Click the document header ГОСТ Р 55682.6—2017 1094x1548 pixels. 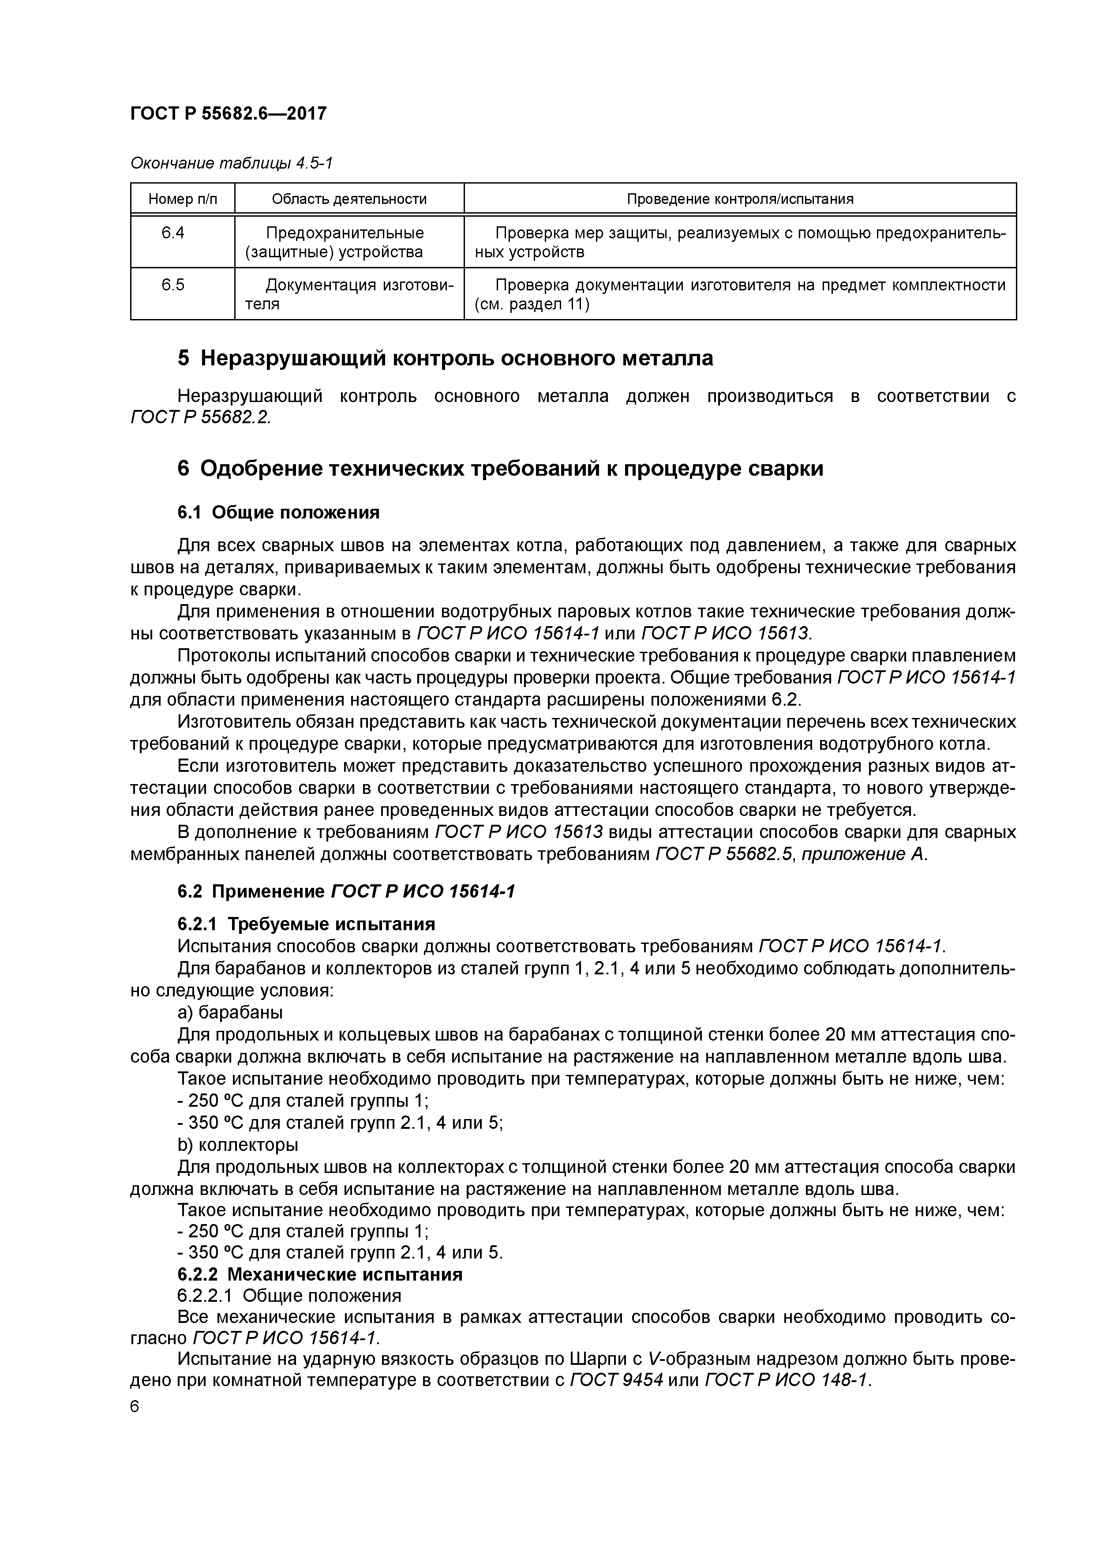(x=228, y=114)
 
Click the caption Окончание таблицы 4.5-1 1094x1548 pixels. (x=231, y=163)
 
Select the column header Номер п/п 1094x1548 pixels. (x=183, y=199)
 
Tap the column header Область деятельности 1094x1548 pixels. (x=349, y=199)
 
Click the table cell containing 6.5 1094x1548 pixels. (x=173, y=285)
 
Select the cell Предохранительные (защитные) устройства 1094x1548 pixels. (x=345, y=243)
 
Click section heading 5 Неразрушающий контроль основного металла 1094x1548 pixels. (x=445, y=358)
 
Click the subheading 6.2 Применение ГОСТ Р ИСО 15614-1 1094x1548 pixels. (x=346, y=891)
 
